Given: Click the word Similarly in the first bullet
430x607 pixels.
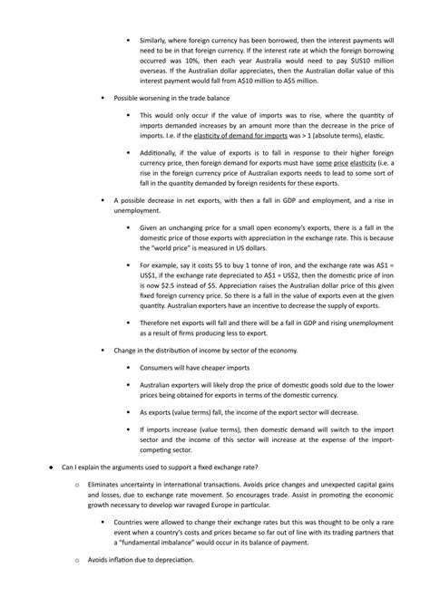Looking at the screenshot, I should (156, 41).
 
